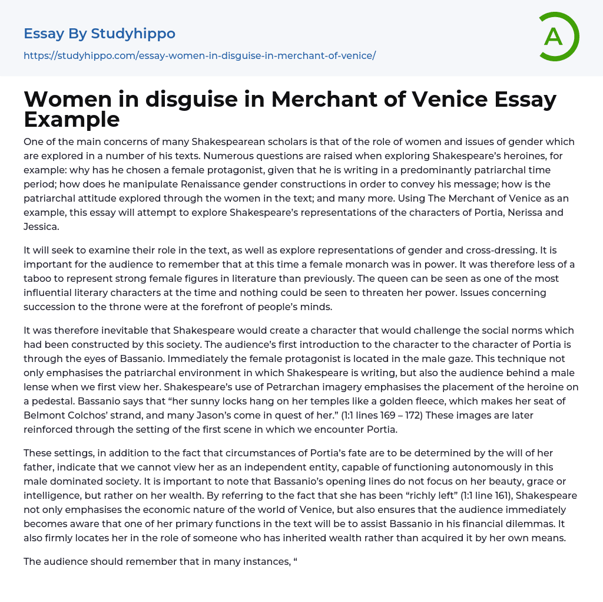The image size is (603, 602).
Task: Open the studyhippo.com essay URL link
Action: point(200,55)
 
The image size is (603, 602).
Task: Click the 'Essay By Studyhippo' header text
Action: point(100,34)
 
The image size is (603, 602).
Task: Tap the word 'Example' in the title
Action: point(72,119)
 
